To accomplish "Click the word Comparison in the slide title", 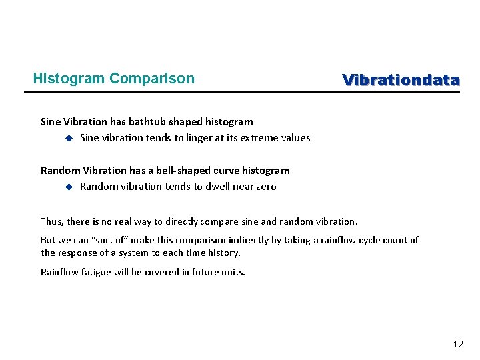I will click(x=152, y=79).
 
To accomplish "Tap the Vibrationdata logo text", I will click(x=401, y=81).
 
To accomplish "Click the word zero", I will click(x=265, y=187).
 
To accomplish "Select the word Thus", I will click(x=51, y=221).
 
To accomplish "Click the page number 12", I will click(x=457, y=344).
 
